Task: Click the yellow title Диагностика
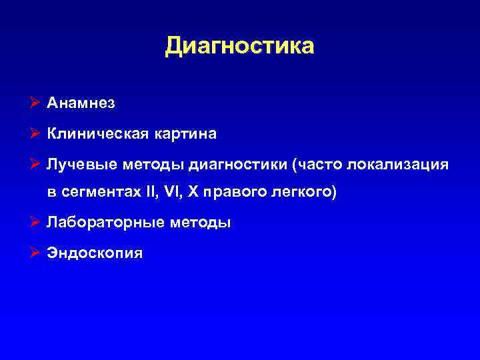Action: tap(239, 46)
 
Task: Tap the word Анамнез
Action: tap(81, 103)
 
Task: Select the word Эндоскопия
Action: tap(95, 254)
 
